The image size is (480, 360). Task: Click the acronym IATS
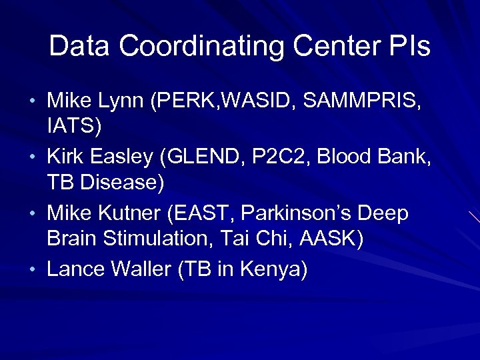(69, 125)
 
